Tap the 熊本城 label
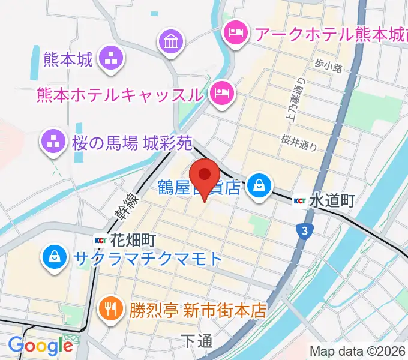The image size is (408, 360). click(x=68, y=59)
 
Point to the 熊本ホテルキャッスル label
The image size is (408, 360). click(x=119, y=94)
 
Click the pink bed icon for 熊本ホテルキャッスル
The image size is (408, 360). click(x=222, y=93)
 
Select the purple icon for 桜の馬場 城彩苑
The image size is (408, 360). click(x=52, y=142)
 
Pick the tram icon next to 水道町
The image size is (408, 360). click(x=301, y=201)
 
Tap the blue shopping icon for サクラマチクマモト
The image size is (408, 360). click(x=54, y=259)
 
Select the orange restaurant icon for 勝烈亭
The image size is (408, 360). click(x=110, y=310)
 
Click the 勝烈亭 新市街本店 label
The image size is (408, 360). click(x=197, y=310)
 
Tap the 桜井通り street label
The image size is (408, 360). click(x=298, y=140)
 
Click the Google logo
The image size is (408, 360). click(x=40, y=346)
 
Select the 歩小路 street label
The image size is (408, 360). click(x=328, y=65)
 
